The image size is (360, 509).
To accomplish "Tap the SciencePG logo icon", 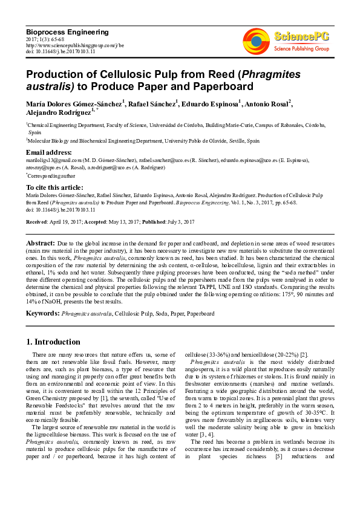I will pos(257,39).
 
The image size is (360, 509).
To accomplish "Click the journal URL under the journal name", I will pos(74,45).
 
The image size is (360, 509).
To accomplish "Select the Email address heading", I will pos(48,152).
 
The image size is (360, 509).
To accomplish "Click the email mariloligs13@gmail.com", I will pos(51,160).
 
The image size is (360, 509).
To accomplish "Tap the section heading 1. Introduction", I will pos(53,342).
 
